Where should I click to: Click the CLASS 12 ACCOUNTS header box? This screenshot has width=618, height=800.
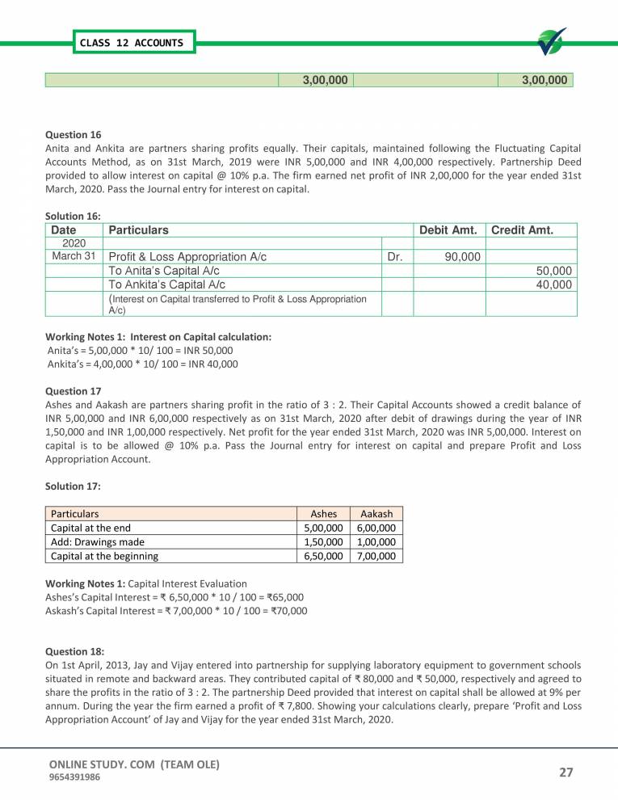tap(131, 43)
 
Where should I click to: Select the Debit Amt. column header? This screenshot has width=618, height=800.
tap(448, 230)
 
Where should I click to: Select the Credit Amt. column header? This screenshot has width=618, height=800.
tap(522, 230)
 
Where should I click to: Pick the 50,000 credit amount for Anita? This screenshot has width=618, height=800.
tap(554, 271)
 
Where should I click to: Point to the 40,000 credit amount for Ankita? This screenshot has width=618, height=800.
tap(554, 284)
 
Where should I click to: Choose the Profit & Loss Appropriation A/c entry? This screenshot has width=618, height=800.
tap(187, 257)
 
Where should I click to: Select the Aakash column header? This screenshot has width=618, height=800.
tap(376, 513)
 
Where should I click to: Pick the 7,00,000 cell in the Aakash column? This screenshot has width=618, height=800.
tap(376, 556)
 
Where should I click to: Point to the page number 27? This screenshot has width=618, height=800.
tap(565, 772)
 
